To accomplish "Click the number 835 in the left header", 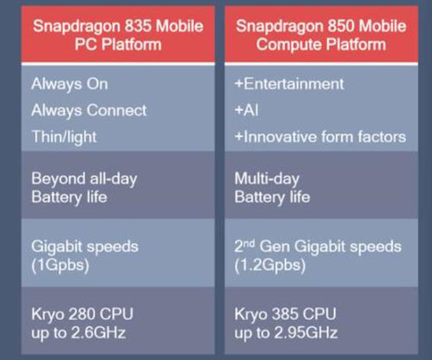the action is click(138, 26).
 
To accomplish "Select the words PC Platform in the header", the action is click(118, 44).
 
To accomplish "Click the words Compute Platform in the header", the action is click(322, 44).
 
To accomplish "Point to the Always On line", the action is click(69, 84).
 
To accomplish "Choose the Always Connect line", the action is click(89, 110).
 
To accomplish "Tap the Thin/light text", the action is click(64, 137).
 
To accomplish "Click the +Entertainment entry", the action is click(289, 84).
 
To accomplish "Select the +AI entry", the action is click(247, 110).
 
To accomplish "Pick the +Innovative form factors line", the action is click(320, 136).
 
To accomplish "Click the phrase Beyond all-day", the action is click(85, 179).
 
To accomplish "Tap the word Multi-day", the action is click(267, 179).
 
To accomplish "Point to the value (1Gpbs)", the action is click(60, 265).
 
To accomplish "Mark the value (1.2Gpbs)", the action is click(270, 265).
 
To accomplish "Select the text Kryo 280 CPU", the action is click(82, 315).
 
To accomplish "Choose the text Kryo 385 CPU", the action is click(285, 315).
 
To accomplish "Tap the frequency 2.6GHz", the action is click(99, 333).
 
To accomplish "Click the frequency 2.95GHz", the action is click(306, 333).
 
